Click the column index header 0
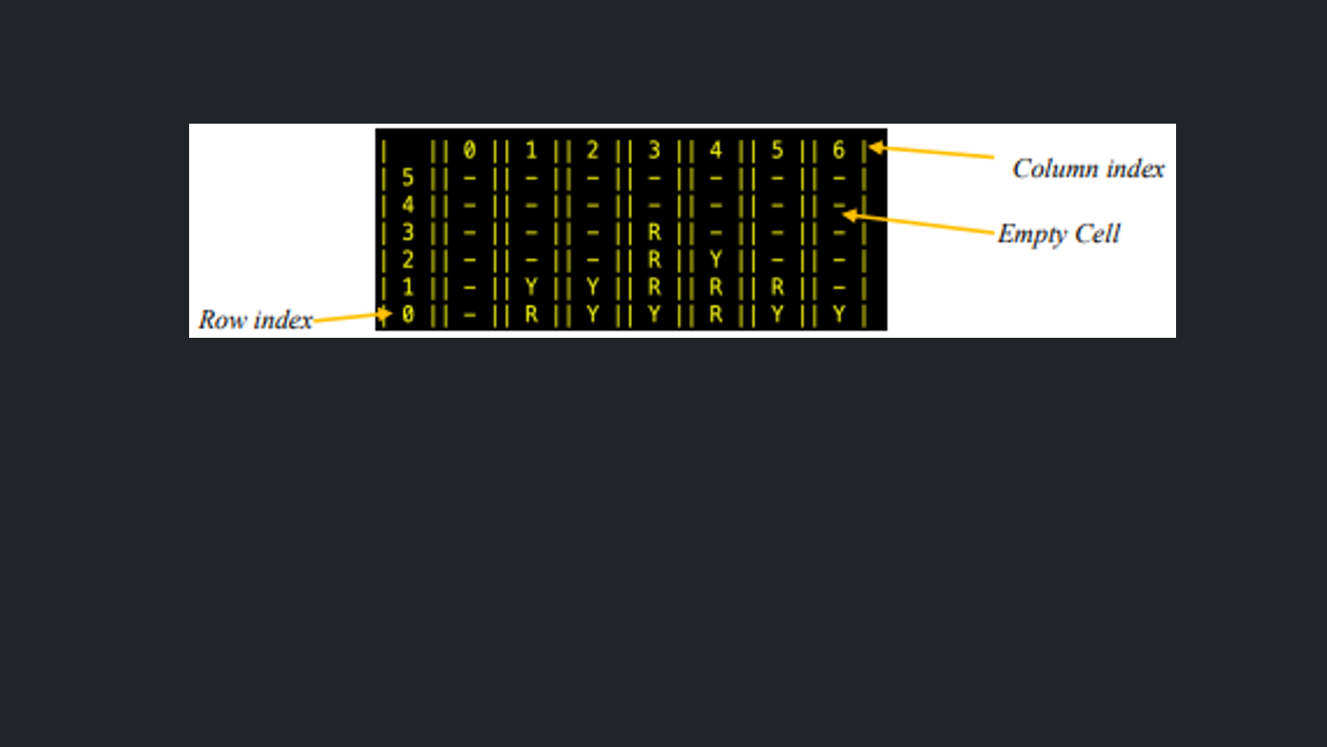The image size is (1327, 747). tap(469, 150)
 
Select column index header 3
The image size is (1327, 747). tap(654, 150)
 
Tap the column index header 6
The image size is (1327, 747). tap(838, 150)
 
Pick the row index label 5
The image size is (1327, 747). tap(407, 178)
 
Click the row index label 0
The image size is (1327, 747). tap(407, 315)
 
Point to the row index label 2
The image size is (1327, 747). tap(407, 260)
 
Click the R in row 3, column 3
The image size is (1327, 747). tap(654, 232)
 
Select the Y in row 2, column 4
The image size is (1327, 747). tap(716, 260)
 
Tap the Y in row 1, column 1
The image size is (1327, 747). tap(531, 287)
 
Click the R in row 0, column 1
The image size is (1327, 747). tap(531, 315)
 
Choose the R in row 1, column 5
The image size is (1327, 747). tap(777, 287)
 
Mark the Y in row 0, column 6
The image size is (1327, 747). tap(838, 315)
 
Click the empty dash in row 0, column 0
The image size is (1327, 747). tap(469, 315)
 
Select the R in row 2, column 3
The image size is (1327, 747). tap(654, 260)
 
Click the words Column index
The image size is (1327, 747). tap(1088, 169)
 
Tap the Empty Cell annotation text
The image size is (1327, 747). tap(1058, 234)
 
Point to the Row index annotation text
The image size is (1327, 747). tap(255, 320)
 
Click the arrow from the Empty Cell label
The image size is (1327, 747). tap(917, 223)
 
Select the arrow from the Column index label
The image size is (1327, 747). tap(931, 152)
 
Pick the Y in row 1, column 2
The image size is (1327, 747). tap(592, 287)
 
